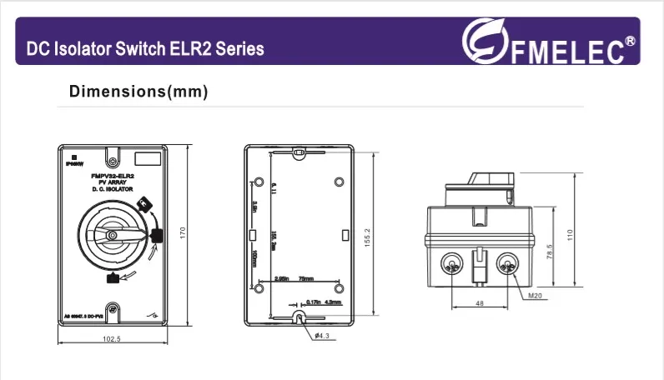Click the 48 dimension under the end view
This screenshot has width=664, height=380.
[480, 304]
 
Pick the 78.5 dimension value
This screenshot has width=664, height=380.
[550, 251]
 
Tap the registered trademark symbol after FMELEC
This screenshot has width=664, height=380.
[631, 39]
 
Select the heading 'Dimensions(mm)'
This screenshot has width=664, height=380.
[138, 91]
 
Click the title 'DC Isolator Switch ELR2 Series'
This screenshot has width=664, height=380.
[145, 49]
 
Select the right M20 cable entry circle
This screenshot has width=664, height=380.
[506, 265]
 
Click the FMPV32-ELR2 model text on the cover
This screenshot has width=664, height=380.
[113, 177]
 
